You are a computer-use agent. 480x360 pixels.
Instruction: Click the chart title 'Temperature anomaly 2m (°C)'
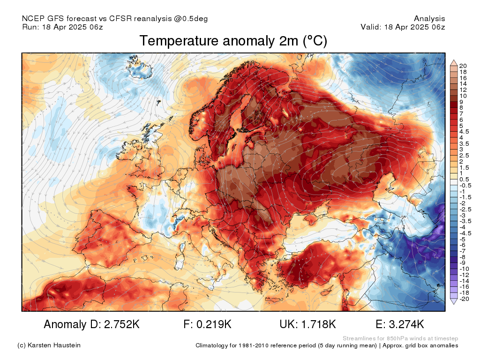coord(233,41)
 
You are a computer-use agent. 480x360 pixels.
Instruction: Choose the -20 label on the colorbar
coord(464,299)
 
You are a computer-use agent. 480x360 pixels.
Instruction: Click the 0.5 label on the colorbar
coord(464,179)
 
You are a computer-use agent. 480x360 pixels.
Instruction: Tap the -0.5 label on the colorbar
coord(465,185)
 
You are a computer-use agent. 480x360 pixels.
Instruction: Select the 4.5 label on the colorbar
coord(464,131)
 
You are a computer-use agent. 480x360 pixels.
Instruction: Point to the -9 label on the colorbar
coord(463,263)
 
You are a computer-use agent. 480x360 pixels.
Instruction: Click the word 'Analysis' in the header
coord(429,19)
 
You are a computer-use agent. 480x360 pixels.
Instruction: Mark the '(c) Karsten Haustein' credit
coord(49,345)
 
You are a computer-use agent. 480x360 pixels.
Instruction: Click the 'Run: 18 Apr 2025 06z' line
coord(62,27)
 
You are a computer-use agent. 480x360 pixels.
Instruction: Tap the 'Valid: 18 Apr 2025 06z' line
coord(403,27)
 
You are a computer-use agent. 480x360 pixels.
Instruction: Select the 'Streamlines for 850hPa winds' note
coord(400,338)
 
